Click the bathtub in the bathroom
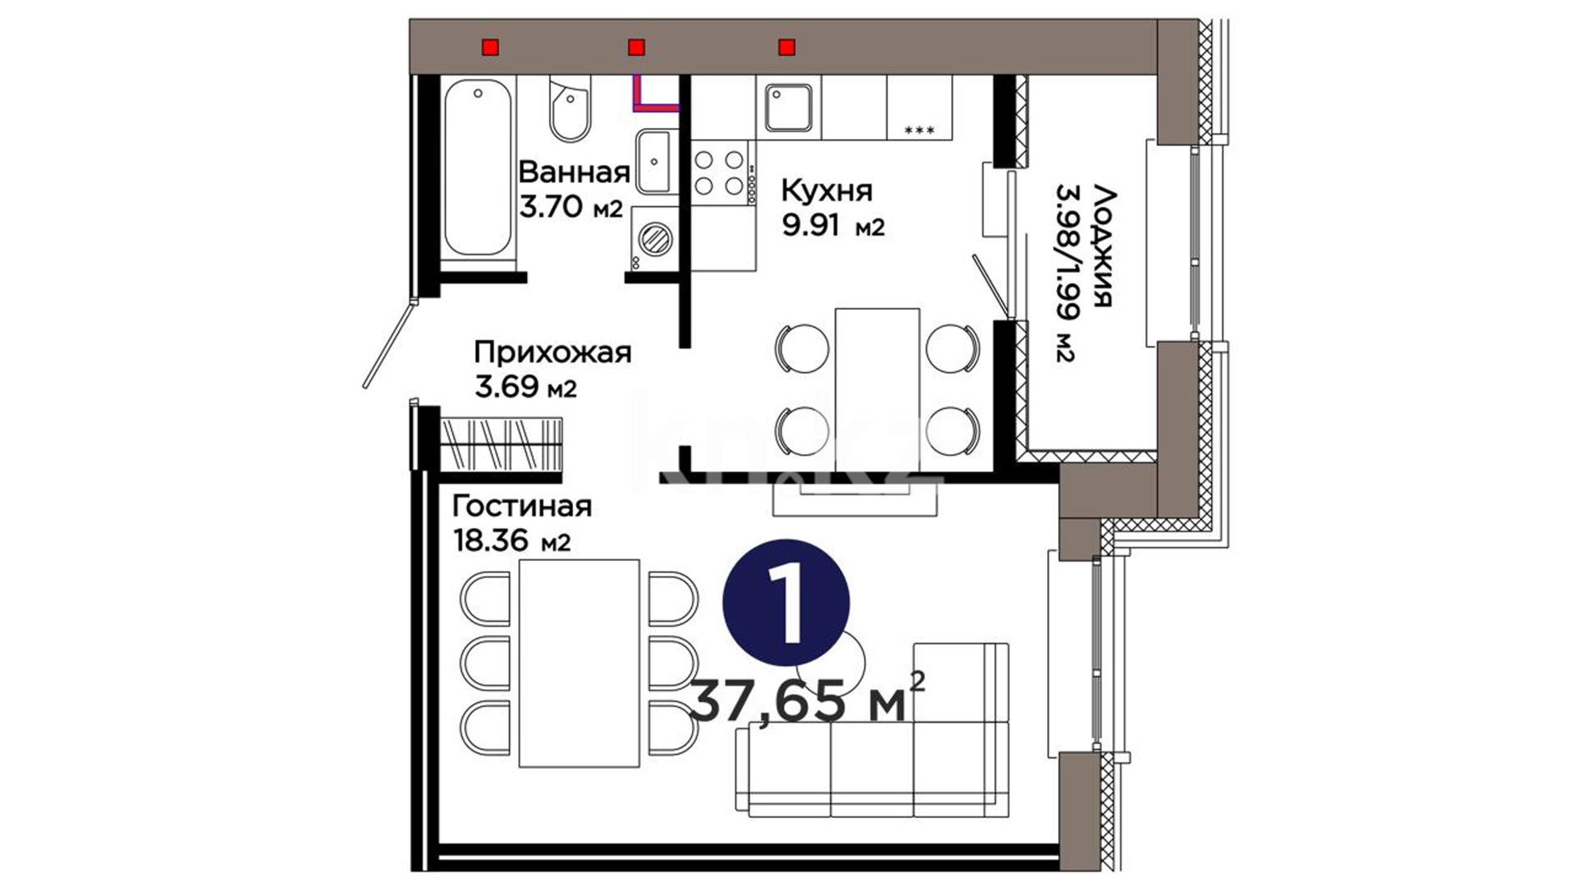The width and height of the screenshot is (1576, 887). pyautogui.click(x=479, y=168)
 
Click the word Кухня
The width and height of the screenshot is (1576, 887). pyautogui.click(x=827, y=191)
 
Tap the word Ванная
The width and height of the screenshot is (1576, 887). pyautogui.click(x=575, y=172)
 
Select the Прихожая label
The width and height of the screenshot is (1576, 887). pyautogui.click(x=552, y=353)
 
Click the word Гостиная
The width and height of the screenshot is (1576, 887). pyautogui.click(x=522, y=506)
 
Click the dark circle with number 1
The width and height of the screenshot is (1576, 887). pyautogui.click(x=786, y=604)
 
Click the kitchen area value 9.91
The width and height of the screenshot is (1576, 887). pyautogui.click(x=811, y=224)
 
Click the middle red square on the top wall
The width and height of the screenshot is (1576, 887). pyautogui.click(x=636, y=47)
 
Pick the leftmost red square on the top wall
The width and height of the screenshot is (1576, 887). pyautogui.click(x=490, y=47)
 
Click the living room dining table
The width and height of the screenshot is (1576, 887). pyautogui.click(x=580, y=663)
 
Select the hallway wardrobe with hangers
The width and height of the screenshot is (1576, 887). pyautogui.click(x=502, y=444)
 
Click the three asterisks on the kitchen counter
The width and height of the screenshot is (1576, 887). pyautogui.click(x=919, y=130)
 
